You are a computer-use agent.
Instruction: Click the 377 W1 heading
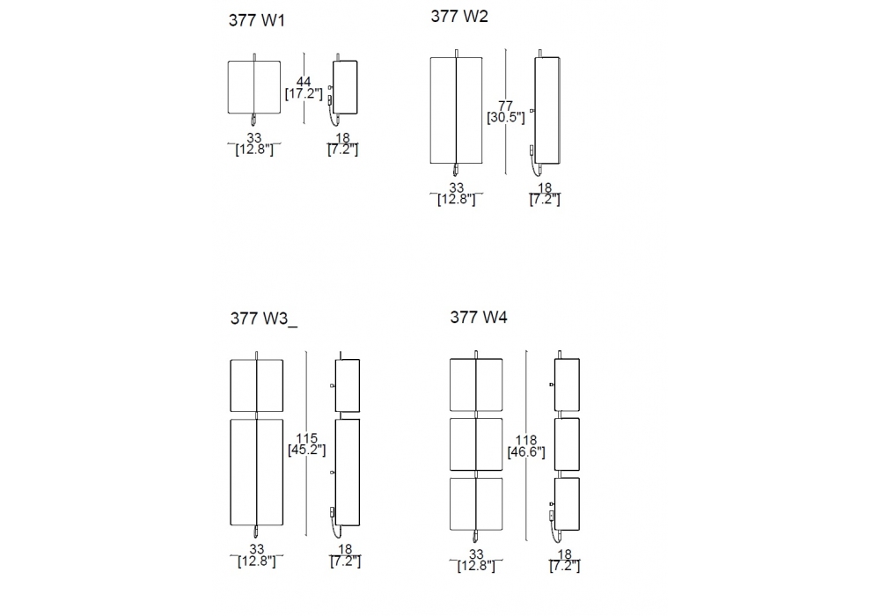256,20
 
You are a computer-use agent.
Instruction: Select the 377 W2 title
459,16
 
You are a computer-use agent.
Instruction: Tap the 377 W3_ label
264,319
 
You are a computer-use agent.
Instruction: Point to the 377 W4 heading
478,318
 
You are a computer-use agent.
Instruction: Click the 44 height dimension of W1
304,82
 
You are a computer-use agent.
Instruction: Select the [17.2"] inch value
304,93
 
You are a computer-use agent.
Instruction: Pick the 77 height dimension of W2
505,106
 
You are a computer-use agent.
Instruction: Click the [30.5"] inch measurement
506,118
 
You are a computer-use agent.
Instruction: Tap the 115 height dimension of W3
307,438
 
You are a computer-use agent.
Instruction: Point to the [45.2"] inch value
307,450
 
